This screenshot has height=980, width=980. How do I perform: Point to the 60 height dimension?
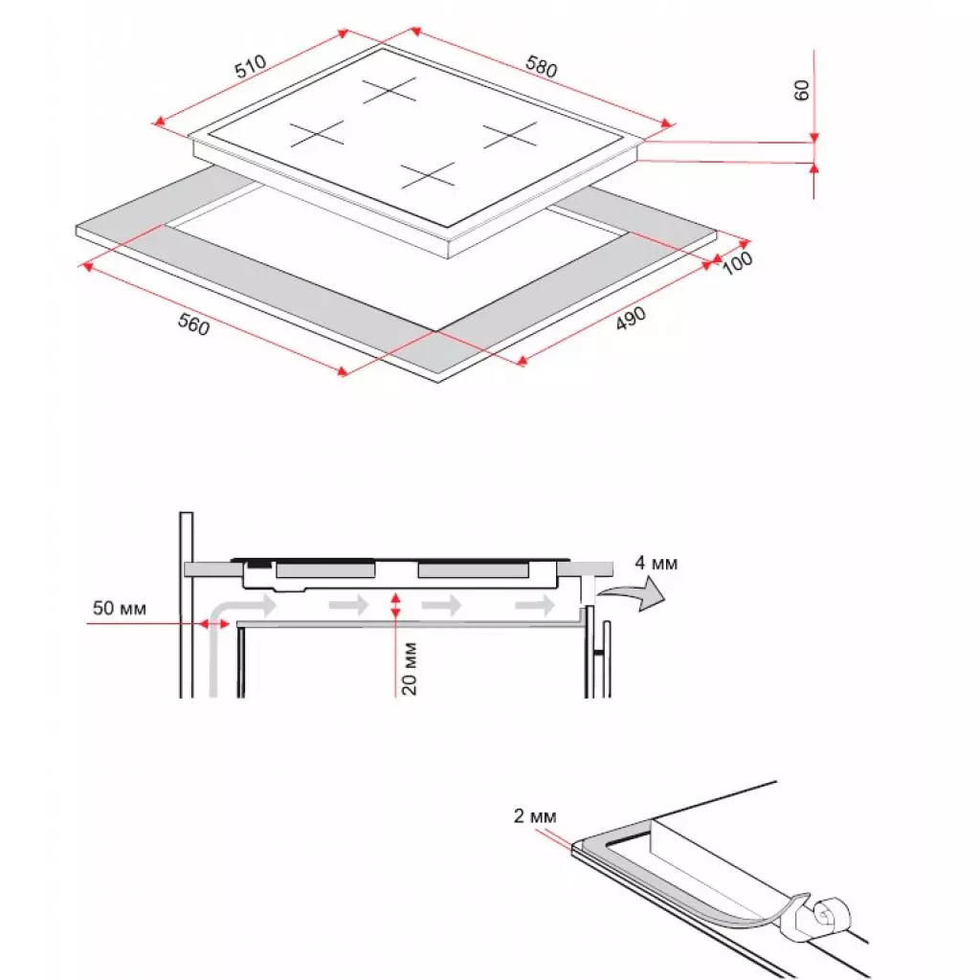pyautogui.click(x=802, y=90)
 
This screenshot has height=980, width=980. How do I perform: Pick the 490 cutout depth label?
pyautogui.click(x=631, y=320)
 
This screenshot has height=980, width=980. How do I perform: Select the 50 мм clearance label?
pyautogui.click(x=120, y=608)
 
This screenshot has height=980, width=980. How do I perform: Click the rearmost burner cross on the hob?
pyautogui.click(x=390, y=93)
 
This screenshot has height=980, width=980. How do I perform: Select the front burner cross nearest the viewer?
pyautogui.click(x=428, y=174)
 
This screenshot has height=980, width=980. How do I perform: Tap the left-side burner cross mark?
pyautogui.click(x=317, y=134)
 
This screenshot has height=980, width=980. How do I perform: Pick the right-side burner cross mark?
pyautogui.click(x=510, y=135)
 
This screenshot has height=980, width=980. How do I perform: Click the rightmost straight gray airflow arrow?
pyautogui.click(x=535, y=605)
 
